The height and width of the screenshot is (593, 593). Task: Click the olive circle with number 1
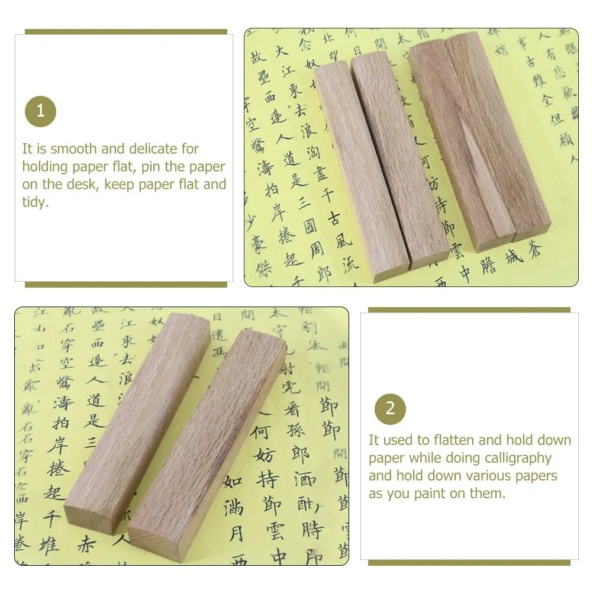pyautogui.click(x=40, y=111)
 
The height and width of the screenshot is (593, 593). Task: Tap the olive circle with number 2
pyautogui.click(x=390, y=409)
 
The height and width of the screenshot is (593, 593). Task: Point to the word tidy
pyautogui.click(x=34, y=202)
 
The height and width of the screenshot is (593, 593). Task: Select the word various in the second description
pyautogui.click(x=491, y=476)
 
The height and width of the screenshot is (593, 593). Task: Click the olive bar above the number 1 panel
pyautogui.click(x=125, y=32)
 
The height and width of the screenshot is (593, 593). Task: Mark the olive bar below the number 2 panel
pyautogui.click(x=469, y=562)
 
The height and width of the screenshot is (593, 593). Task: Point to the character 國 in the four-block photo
pyautogui.click(x=310, y=226)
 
